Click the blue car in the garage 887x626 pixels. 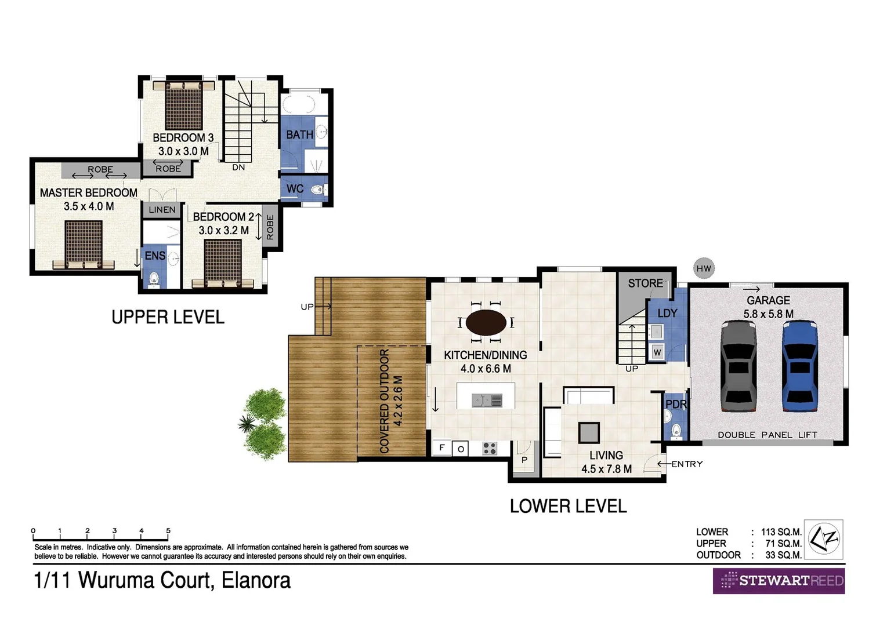coord(799,366)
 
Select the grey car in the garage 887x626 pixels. coord(738,366)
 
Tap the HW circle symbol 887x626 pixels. coord(704,268)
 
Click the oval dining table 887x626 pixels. coord(486,322)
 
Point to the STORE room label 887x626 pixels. coord(645,283)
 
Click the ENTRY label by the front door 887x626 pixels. coord(687,464)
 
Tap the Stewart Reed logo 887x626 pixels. coord(779,581)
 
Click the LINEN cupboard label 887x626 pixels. coord(162,210)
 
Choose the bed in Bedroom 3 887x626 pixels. coord(183,105)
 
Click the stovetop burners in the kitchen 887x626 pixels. coord(490,448)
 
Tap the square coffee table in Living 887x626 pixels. coord(588,432)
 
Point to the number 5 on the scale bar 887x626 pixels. coord(168,530)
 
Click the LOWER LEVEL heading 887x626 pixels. coord(568,506)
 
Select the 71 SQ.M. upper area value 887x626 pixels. coord(783,544)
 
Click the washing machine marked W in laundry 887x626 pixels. coord(657,352)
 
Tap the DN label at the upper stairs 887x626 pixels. coord(238,168)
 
